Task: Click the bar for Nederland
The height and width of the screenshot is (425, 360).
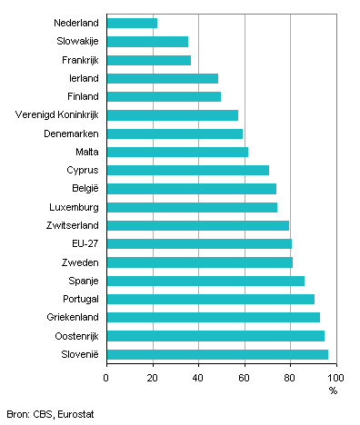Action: [132, 22]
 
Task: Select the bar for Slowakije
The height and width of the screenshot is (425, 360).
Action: [147, 41]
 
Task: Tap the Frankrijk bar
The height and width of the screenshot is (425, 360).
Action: [148, 60]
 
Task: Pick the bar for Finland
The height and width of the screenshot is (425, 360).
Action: [164, 96]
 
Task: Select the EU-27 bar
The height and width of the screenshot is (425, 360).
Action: [199, 243]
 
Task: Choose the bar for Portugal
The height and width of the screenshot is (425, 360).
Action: [210, 299]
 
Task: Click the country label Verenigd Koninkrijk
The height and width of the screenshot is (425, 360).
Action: [57, 114]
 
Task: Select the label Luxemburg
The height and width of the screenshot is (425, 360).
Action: [73, 207]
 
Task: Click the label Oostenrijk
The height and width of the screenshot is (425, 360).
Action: [74, 336]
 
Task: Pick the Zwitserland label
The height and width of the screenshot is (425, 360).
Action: [72, 225]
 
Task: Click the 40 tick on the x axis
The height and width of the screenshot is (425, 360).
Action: [198, 376]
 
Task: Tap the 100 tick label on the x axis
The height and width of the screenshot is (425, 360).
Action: [335, 376]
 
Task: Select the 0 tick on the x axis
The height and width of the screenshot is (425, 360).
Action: [106, 376]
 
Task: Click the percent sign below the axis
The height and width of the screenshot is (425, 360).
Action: [333, 390]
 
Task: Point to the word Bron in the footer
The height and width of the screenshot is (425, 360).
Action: [15, 414]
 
